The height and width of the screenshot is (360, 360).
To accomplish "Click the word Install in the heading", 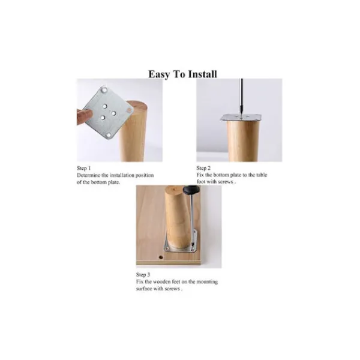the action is [x=203, y=74].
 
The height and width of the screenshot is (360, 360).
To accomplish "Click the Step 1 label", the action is [x=83, y=168].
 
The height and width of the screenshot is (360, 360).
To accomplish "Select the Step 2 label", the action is [x=203, y=168].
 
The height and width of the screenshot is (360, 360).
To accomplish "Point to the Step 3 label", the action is [x=143, y=275].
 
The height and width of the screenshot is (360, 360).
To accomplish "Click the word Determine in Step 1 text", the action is [x=89, y=175].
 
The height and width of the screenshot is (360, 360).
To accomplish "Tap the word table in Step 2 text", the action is [x=262, y=175].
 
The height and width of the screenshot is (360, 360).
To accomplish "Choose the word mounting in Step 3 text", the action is [x=207, y=282].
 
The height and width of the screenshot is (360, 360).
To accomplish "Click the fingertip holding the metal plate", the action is [x=85, y=116].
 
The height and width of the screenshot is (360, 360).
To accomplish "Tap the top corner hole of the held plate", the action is [x=104, y=90].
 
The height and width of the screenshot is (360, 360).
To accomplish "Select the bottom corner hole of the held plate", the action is [x=109, y=135].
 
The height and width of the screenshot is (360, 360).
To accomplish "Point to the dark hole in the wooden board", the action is [x=161, y=257].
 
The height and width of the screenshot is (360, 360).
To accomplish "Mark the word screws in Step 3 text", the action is [x=172, y=289].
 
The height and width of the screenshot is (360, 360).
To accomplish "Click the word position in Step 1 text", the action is [x=145, y=176].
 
